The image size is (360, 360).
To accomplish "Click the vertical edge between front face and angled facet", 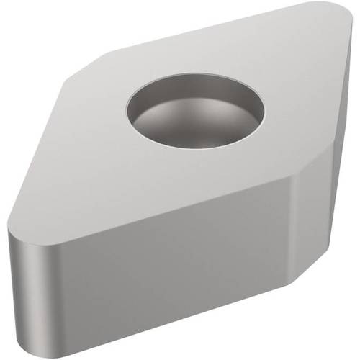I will [291, 274].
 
